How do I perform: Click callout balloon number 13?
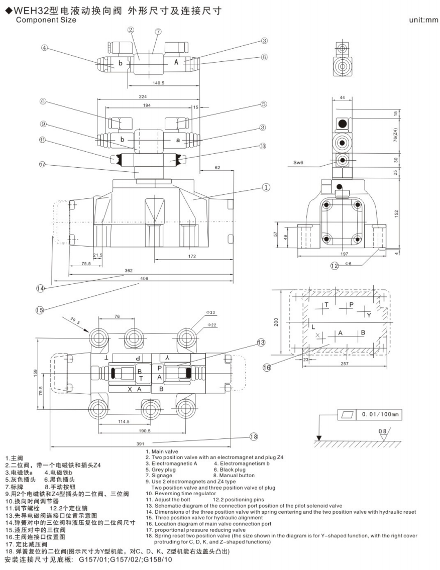click(260, 343)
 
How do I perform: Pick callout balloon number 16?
click(267, 368)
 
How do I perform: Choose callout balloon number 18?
click(253, 436)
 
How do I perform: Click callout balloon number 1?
click(266, 187)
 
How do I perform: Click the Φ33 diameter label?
click(210, 312)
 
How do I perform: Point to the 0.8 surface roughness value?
click(383, 431)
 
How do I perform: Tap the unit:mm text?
click(424, 20)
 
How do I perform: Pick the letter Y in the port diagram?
click(369, 315)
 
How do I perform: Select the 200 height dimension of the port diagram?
click(276, 322)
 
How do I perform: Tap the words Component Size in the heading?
click(46, 20)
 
